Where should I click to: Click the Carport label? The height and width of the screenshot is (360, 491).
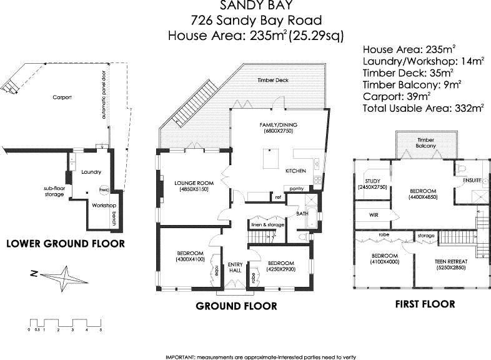62,97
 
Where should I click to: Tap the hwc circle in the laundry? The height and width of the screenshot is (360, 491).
104,187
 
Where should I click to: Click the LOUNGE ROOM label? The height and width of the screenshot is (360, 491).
194,183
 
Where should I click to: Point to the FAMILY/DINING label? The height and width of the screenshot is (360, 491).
276,125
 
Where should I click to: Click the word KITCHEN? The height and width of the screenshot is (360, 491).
295,171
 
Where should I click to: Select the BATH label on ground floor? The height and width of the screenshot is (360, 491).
302,214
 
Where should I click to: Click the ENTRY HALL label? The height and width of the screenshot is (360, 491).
235,266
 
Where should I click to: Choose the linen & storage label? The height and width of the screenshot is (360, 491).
267,224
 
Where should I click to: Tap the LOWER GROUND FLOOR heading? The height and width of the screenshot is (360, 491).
65,243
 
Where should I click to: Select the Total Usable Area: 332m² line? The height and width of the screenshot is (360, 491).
424,109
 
